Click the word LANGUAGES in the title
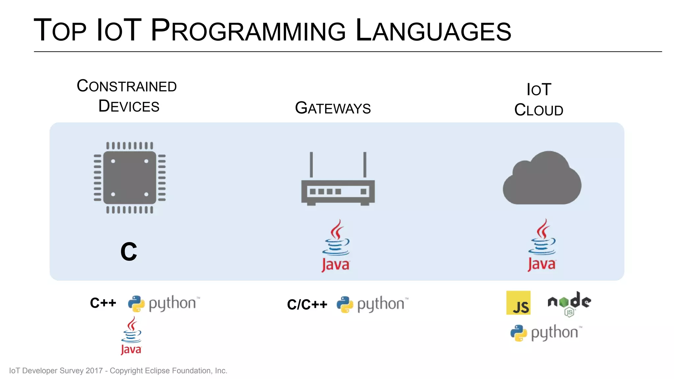pos(433,30)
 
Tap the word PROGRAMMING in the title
pos(248,30)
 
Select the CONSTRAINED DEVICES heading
pos(127,96)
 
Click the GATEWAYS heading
pos(333,108)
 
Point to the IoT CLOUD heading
pos(539,100)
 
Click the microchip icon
pos(130,178)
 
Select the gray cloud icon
pos(542,179)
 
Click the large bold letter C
pos(129,252)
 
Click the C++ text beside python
pos(103,303)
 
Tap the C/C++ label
pos(307,304)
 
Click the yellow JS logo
pos(518,303)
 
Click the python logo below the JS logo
pos(546,333)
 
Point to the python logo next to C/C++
pos(372,304)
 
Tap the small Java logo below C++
pos(131,336)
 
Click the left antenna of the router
pos(311,164)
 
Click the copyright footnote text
pos(118,371)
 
